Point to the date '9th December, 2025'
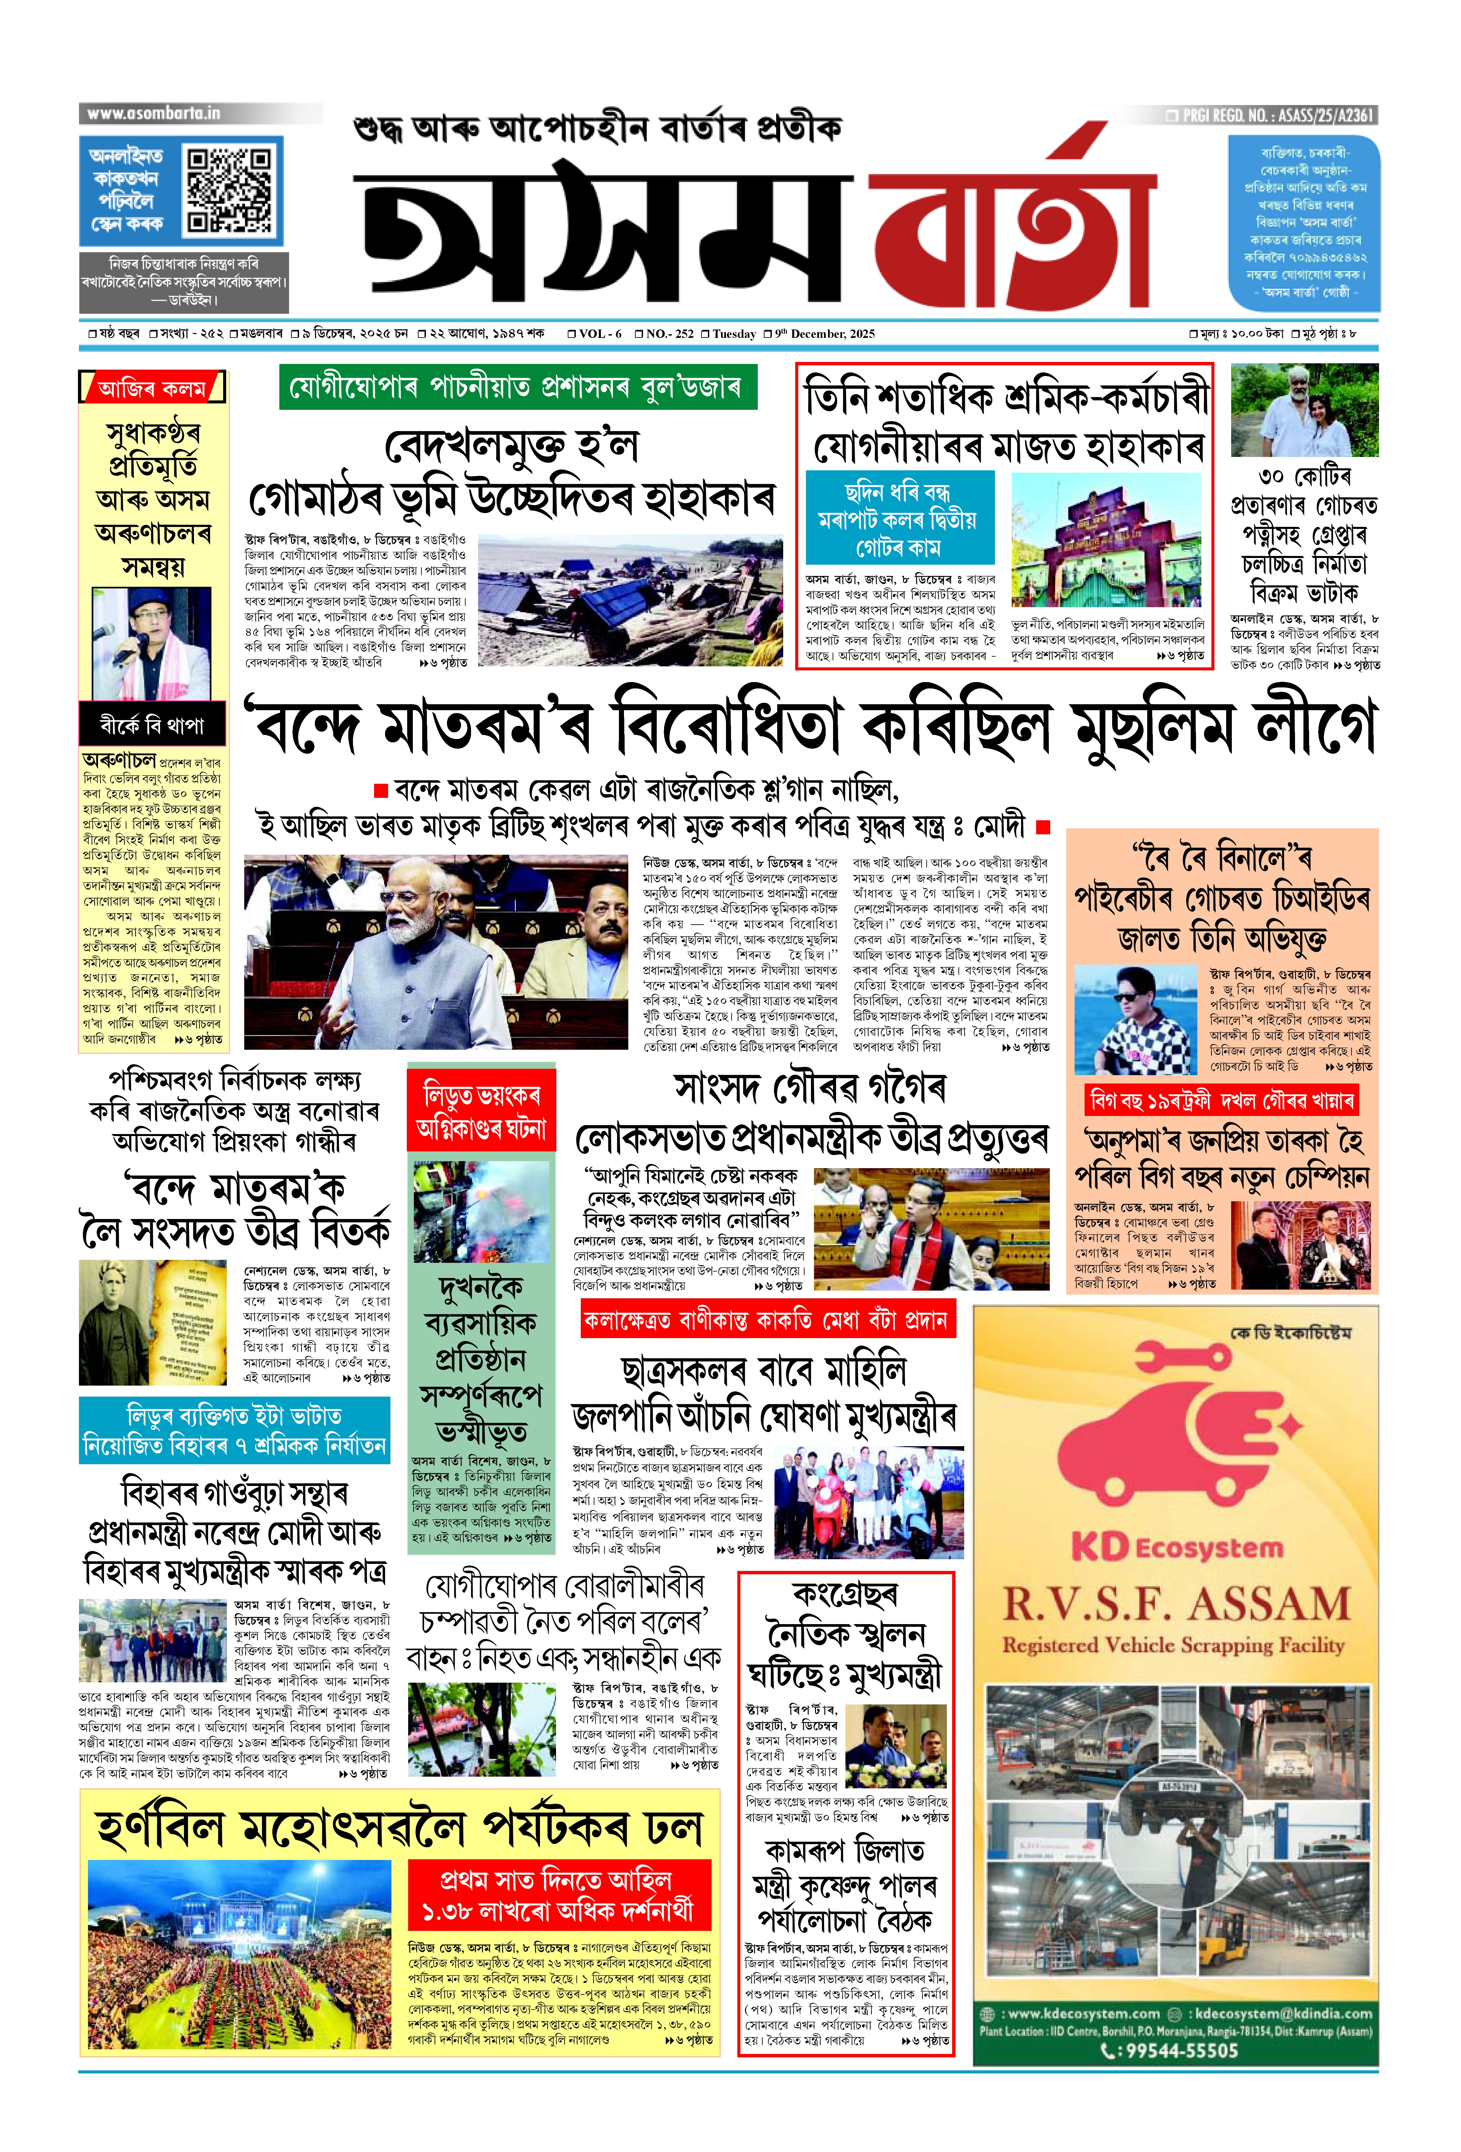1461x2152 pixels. click(x=824, y=334)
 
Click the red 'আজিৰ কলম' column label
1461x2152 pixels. click(x=153, y=388)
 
